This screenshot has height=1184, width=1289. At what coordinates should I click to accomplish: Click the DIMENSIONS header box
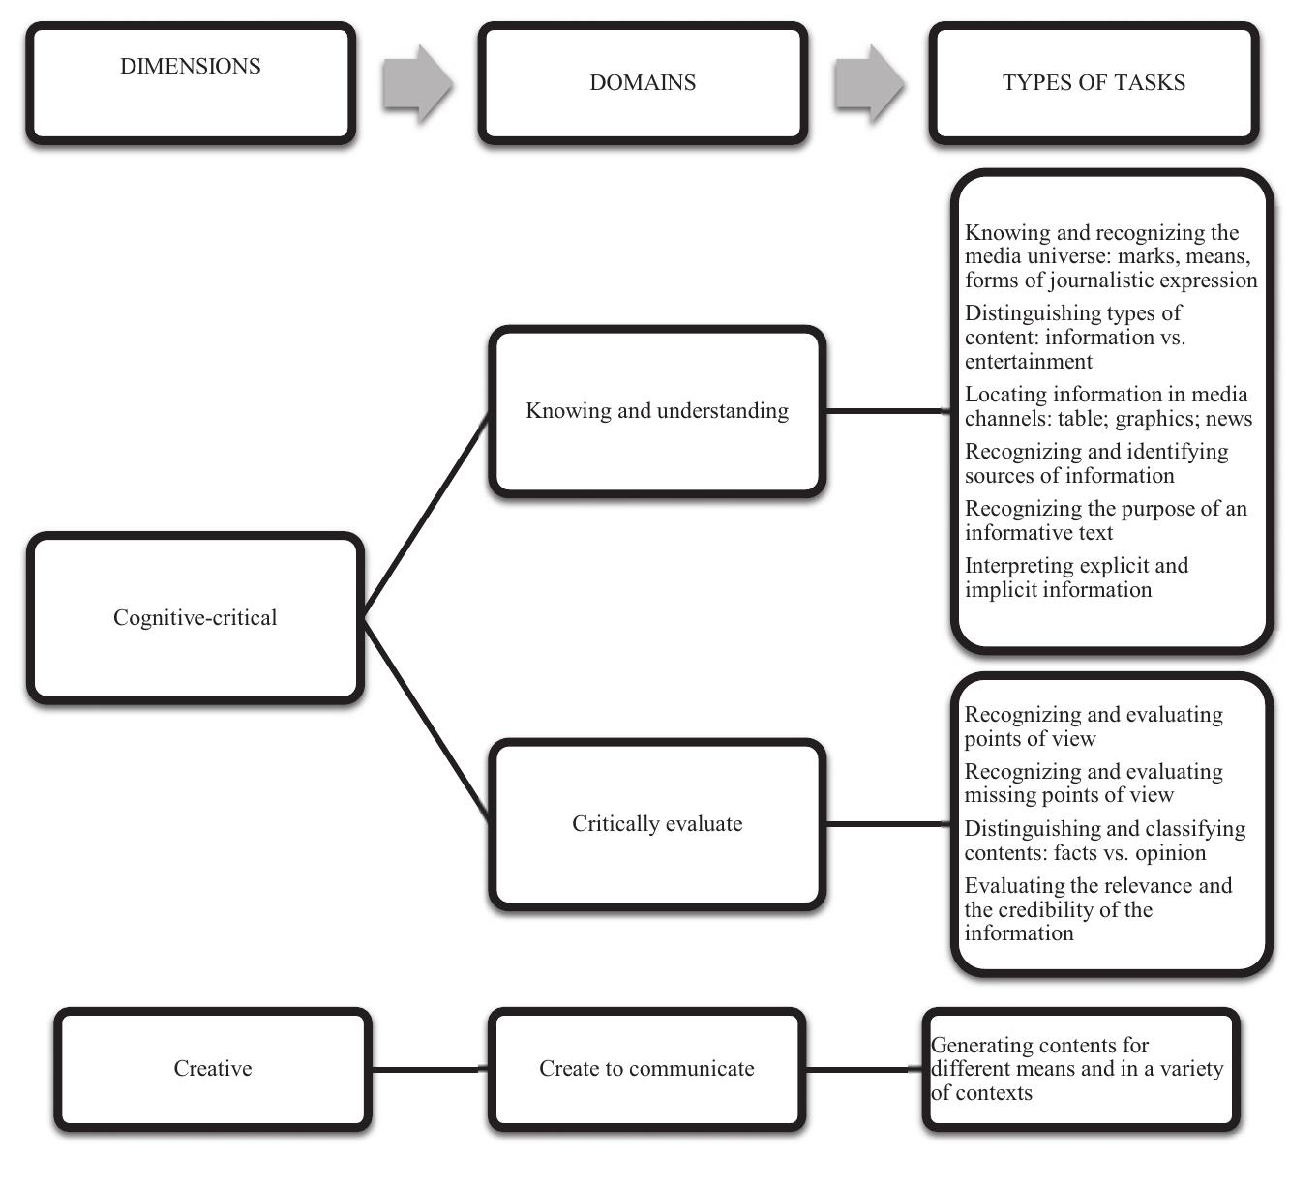[191, 84]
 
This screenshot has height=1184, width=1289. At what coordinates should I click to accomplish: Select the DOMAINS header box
[643, 84]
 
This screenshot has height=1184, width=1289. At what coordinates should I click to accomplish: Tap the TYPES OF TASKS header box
[1094, 84]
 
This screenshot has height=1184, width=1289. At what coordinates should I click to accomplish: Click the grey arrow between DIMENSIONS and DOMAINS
[416, 84]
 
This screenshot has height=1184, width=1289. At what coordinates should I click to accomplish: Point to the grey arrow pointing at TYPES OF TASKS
[868, 84]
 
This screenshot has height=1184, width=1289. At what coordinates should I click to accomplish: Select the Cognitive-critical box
[195, 617]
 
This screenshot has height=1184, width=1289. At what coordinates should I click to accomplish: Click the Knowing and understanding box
[657, 411]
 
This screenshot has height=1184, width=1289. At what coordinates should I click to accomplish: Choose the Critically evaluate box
[657, 824]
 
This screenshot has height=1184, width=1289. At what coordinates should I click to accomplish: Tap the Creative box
[213, 1069]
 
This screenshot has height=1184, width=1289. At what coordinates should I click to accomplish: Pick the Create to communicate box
[646, 1069]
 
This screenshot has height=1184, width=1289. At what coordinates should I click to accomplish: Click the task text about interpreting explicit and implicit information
[1075, 577]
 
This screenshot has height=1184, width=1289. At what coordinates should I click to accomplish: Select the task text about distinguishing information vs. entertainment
[1074, 337]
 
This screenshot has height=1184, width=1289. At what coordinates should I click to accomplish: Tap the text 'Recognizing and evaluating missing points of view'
[1093, 784]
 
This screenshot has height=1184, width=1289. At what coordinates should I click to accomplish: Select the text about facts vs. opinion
[1103, 841]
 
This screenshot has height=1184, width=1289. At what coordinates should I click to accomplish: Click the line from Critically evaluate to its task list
[888, 824]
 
